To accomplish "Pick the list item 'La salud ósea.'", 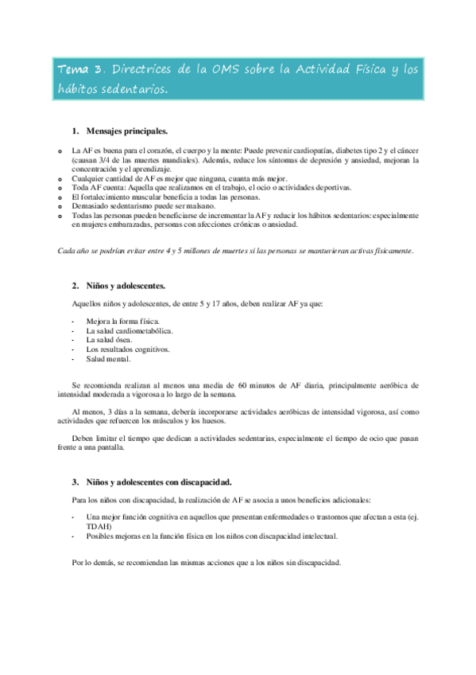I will tap(109, 339).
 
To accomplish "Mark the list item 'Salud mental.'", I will tap(108, 359).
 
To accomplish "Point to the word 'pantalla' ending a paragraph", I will tap(108, 447).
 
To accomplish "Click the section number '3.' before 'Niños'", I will tap(75, 482).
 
